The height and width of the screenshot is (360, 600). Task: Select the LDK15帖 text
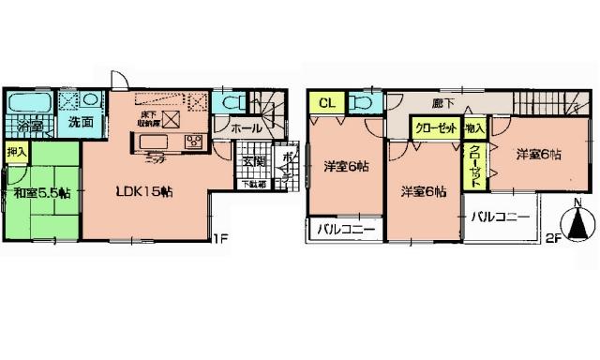point(142,192)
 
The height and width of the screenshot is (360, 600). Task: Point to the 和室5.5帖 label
point(42,194)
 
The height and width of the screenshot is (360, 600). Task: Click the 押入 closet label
point(17,151)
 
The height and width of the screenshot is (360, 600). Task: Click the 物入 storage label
point(474,127)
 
